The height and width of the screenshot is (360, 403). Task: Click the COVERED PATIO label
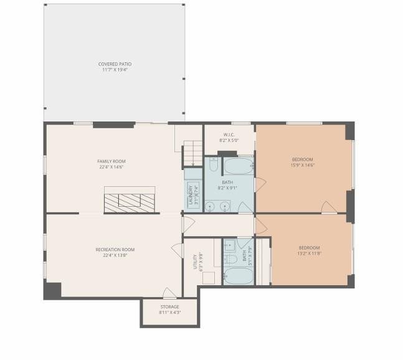(x=115, y=64)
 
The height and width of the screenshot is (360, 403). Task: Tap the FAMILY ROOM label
(x=111, y=161)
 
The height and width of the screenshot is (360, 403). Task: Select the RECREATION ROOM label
(x=115, y=250)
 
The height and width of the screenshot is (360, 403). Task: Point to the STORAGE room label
(x=169, y=306)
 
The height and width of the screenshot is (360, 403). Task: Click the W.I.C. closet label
(x=228, y=135)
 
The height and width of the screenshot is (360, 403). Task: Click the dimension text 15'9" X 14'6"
(x=302, y=166)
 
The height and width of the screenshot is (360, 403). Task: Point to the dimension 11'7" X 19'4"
(x=115, y=70)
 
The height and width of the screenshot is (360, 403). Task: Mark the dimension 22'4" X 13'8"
(x=115, y=255)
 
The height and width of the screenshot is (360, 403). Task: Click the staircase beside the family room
(x=194, y=153)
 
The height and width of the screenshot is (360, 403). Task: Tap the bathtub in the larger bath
(x=239, y=166)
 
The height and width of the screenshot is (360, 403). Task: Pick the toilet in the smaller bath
(x=229, y=258)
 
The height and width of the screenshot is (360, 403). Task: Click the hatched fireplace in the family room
(x=129, y=201)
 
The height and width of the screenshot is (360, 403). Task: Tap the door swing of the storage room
(x=169, y=292)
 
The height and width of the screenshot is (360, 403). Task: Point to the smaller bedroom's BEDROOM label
(x=308, y=248)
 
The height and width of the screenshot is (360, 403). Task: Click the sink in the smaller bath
(x=229, y=244)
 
